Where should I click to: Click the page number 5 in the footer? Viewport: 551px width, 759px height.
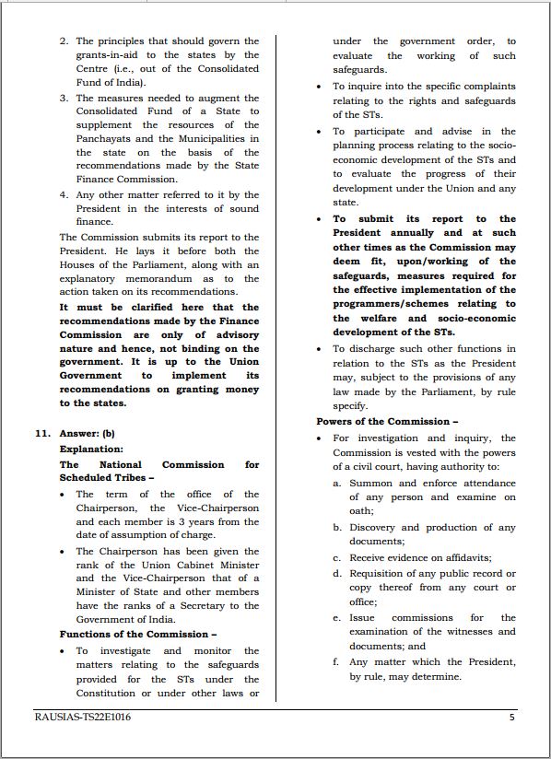512,717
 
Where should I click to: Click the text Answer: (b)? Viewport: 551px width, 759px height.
88,432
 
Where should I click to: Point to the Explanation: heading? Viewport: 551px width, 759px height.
91,449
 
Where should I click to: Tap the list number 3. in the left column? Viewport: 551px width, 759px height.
64,97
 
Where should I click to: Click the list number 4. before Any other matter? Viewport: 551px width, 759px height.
64,194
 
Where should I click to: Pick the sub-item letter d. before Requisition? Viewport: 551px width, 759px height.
338,574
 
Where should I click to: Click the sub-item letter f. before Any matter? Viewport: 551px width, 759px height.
337,661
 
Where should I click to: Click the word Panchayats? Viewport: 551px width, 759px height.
107,138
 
